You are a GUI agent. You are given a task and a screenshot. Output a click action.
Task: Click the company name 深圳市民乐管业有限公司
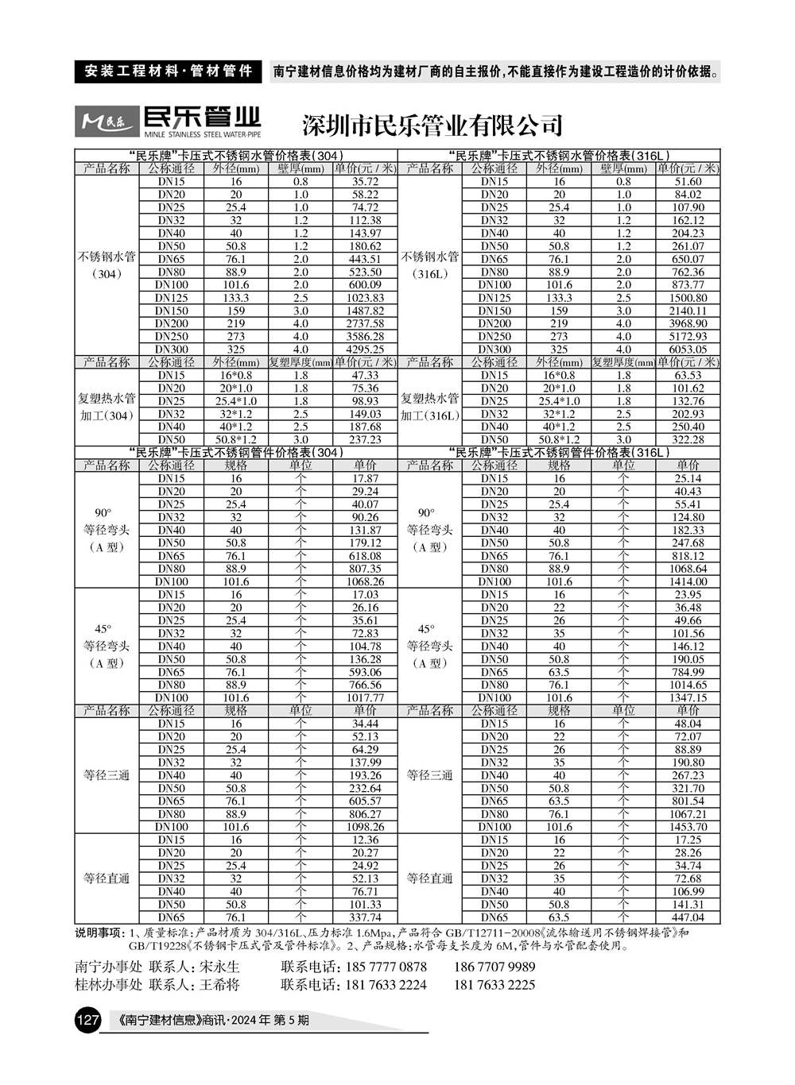(432, 125)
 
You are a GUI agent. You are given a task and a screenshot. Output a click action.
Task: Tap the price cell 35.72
(365, 182)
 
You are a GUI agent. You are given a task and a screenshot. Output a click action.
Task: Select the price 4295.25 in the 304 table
(365, 349)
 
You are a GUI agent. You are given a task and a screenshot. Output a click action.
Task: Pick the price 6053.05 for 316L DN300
(688, 349)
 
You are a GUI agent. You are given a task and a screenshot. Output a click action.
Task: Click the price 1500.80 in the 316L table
(688, 298)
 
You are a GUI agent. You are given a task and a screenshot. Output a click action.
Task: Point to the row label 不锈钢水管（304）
(107, 265)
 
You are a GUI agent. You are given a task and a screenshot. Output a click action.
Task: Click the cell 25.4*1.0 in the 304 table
(236, 401)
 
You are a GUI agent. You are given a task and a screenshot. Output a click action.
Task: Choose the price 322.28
(688, 439)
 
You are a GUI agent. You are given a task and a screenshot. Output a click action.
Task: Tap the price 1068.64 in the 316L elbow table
(688, 569)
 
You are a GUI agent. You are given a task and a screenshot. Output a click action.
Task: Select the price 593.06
(365, 672)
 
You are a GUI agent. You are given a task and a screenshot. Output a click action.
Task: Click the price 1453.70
(688, 827)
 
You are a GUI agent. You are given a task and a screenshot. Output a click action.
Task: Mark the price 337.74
(365, 917)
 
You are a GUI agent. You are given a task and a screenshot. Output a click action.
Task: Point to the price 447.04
(688, 917)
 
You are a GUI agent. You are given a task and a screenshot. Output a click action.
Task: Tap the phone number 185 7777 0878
(386, 967)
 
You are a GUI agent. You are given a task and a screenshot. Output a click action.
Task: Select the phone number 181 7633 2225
(494, 985)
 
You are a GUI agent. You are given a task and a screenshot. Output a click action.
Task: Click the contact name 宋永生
(219, 967)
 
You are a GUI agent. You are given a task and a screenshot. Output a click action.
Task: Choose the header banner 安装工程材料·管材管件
(168, 71)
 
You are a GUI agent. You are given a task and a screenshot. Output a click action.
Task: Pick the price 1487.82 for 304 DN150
(365, 311)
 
